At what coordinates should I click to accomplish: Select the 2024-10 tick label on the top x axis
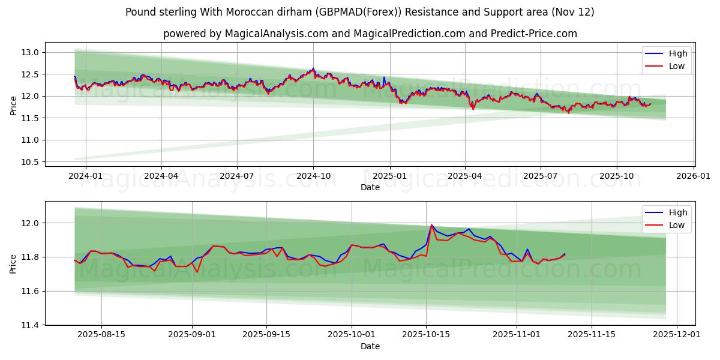tap(313, 176)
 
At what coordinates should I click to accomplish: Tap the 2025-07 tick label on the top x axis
tap(541, 176)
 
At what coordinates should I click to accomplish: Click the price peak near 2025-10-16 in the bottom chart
tap(431, 225)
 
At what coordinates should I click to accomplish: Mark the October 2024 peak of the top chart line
tap(313, 68)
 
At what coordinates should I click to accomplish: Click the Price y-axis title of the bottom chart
tap(13, 263)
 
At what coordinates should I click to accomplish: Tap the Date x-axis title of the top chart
tap(370, 187)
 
